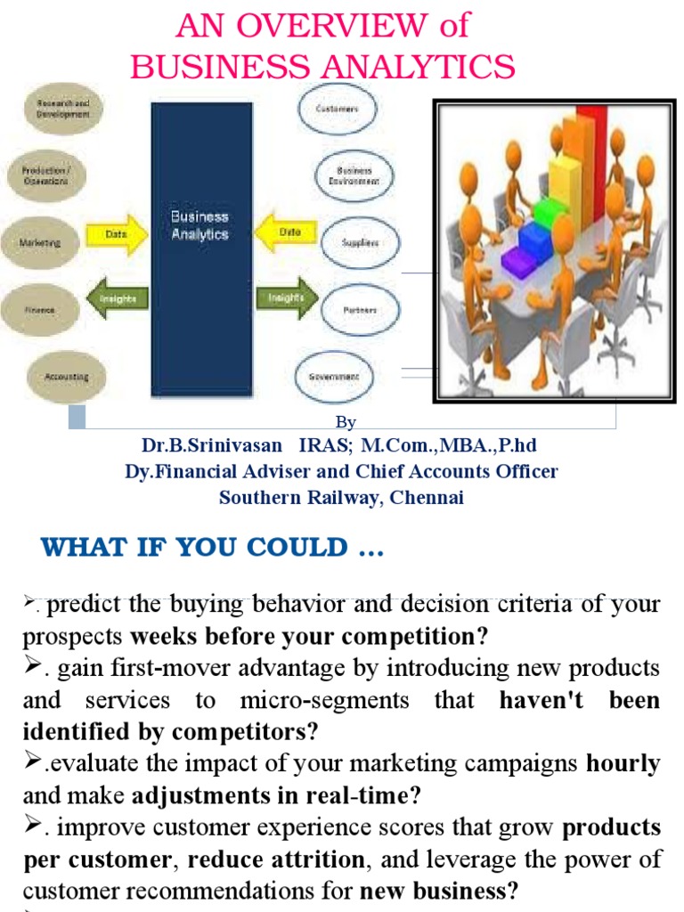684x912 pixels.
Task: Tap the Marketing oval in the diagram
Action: (x=41, y=242)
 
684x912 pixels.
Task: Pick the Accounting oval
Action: (x=66, y=376)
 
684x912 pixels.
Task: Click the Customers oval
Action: (x=338, y=109)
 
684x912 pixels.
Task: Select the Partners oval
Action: (x=359, y=310)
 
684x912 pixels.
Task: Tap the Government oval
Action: (x=335, y=377)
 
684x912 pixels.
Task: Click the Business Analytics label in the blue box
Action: (x=199, y=225)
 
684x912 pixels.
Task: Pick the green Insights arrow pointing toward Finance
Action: (x=118, y=301)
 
